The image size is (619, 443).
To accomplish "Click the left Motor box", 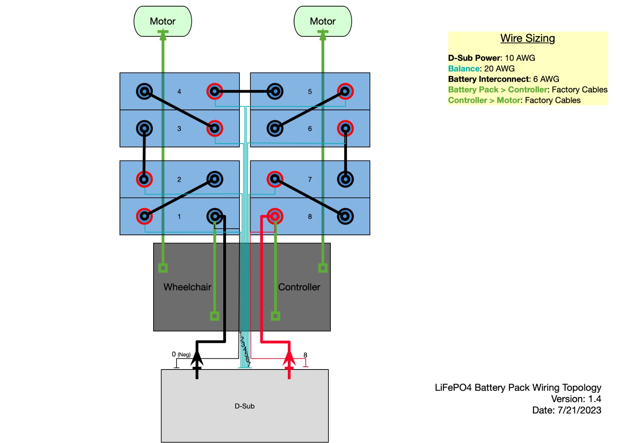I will (162, 21).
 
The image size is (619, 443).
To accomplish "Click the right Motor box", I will (323, 21).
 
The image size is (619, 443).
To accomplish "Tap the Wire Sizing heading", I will (527, 38).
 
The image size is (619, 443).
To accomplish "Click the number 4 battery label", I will (179, 92).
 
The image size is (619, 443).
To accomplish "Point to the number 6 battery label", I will (309, 129).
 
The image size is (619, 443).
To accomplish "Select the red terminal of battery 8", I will (275, 216).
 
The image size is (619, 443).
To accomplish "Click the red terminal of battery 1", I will (144, 216).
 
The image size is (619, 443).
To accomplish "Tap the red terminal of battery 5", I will (345, 92).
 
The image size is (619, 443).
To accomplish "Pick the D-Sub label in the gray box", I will (245, 406).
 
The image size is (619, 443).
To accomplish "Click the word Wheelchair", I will (187, 287).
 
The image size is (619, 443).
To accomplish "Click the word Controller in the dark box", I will (299, 287).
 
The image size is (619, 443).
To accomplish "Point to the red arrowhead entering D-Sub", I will (289, 358).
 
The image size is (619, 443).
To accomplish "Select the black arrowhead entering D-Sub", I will (197, 358).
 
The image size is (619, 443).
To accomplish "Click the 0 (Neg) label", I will (181, 354).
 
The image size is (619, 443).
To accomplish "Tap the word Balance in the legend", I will (463, 68).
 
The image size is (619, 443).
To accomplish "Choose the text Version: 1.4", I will (576, 399).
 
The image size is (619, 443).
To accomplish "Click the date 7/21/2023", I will (579, 410).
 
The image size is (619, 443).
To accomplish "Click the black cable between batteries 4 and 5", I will (245, 92).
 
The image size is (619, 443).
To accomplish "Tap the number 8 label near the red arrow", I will (305, 355).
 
